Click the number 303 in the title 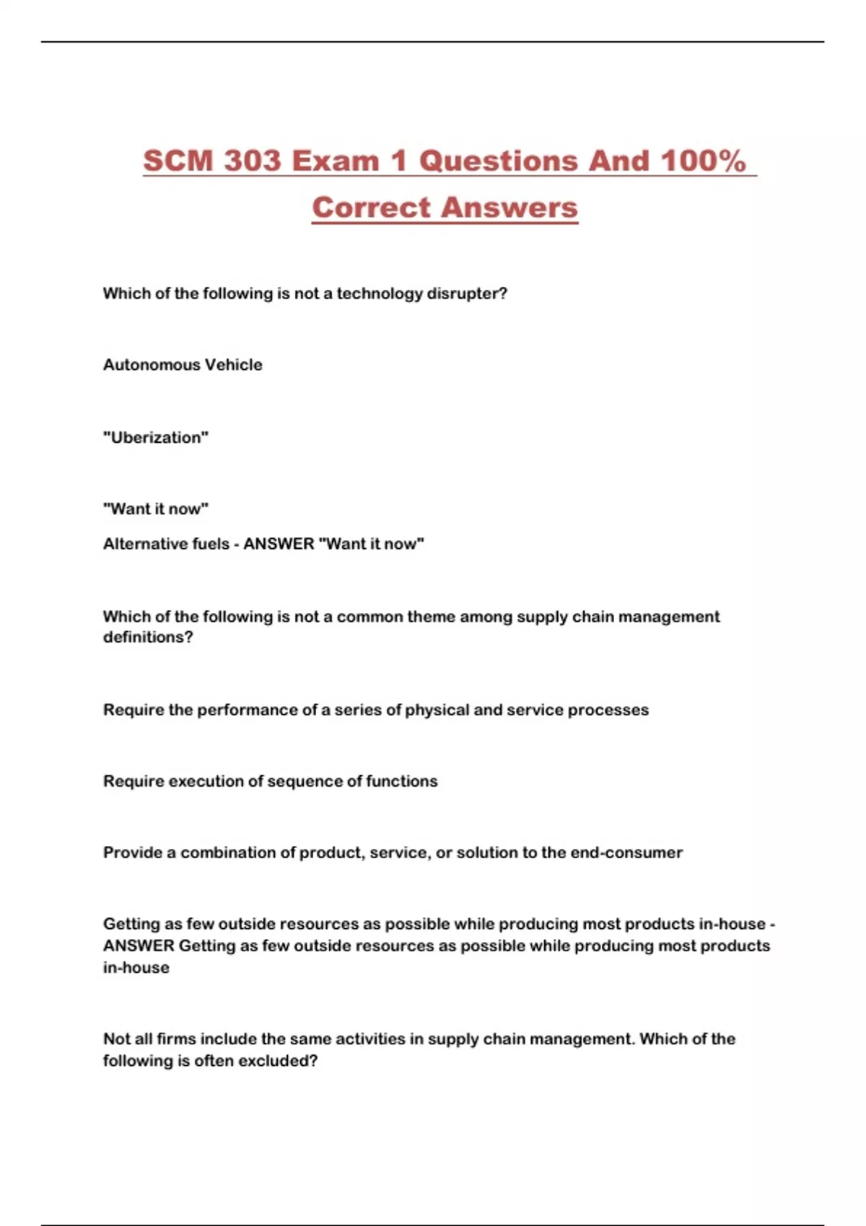pos(251,161)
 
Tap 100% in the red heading pos(703,161)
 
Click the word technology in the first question pos(380,294)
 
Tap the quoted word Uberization pos(156,438)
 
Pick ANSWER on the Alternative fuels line pos(279,544)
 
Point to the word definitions pos(148,638)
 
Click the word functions pos(401,781)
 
